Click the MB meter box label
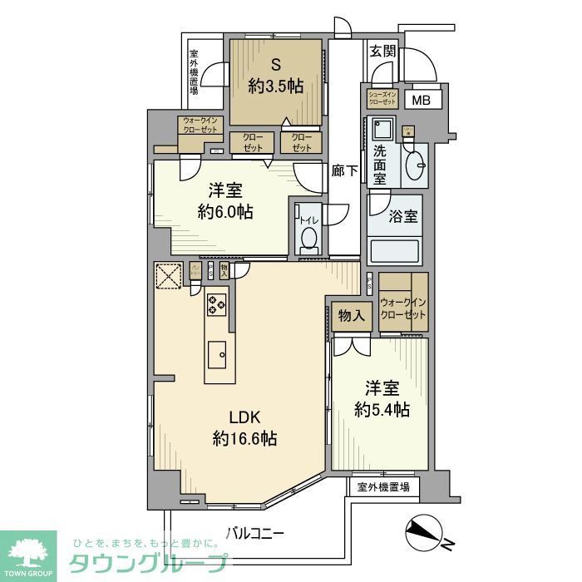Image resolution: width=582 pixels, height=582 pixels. click(x=422, y=101)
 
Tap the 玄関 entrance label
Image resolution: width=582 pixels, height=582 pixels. click(x=382, y=51)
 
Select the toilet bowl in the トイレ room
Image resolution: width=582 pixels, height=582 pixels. click(x=309, y=239)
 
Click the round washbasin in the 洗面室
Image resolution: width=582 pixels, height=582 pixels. click(x=413, y=170)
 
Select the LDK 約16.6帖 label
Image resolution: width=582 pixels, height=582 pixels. click(x=244, y=427)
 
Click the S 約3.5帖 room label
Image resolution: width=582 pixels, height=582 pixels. click(x=275, y=76)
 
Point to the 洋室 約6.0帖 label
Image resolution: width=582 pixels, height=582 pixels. click(x=225, y=200)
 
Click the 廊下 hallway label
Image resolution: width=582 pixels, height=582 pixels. click(x=344, y=171)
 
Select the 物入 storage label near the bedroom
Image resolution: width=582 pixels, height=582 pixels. click(x=351, y=315)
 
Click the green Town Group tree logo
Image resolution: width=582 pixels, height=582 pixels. click(x=28, y=553)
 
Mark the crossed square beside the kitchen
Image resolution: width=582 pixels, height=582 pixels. click(x=169, y=275)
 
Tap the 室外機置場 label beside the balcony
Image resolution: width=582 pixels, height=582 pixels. click(x=382, y=486)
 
